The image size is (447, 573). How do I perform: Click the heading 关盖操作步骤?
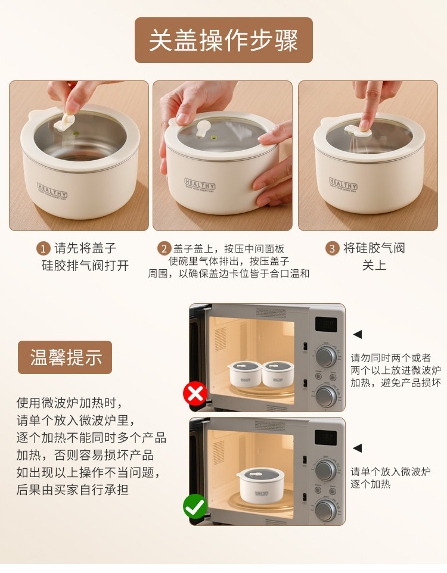[x=223, y=40]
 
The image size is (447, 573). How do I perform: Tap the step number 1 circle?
[x=43, y=249]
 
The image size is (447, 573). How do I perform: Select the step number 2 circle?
[x=164, y=249]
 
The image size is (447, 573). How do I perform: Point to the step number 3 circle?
[x=332, y=249]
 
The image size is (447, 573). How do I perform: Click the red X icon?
[x=195, y=393]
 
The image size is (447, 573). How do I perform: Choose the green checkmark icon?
[x=195, y=506]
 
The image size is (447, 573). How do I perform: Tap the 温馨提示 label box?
[x=65, y=357]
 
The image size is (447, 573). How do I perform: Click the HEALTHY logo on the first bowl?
[x=52, y=191]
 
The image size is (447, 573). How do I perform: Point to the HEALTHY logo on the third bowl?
[x=343, y=184]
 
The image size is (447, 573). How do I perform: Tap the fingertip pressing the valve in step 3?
[x=365, y=124]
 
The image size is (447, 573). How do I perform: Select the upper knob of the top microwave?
[x=325, y=356]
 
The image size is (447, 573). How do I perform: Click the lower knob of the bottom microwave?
[x=325, y=510]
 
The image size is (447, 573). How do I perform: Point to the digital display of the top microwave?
[x=326, y=324]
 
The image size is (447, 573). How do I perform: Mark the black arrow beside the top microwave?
[x=358, y=334]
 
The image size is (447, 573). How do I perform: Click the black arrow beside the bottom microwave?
[x=358, y=448]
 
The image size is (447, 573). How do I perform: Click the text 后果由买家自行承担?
[x=73, y=490]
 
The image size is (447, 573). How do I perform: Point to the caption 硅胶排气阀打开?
[x=85, y=266]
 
